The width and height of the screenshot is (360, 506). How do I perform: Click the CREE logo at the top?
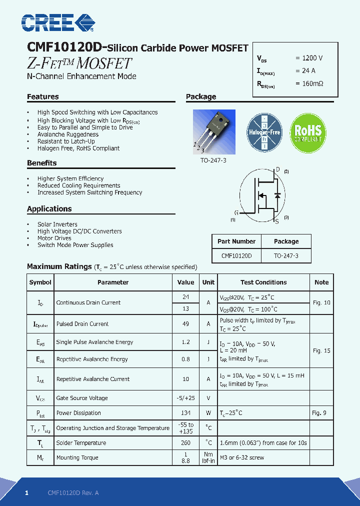57,22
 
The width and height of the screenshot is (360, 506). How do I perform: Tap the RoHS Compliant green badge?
308,133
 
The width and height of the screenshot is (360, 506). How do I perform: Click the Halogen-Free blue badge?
264,133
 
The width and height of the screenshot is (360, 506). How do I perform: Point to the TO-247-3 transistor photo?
214,132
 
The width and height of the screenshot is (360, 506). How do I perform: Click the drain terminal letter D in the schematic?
278,169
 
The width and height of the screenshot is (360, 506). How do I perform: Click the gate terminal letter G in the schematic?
236,212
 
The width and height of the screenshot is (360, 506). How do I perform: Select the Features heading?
43,96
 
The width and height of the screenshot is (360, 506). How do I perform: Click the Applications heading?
49,208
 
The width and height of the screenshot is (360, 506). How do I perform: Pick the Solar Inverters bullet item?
57,224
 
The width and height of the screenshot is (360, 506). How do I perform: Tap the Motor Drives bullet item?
54,238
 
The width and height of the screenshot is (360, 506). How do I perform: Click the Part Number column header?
236,241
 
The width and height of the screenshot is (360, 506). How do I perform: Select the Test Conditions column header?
263,282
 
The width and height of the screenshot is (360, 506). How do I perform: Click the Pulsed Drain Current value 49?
186,324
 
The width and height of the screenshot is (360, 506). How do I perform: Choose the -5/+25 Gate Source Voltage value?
186,398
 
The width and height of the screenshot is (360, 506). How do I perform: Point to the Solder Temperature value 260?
186,442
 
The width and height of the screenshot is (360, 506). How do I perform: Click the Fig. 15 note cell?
321,350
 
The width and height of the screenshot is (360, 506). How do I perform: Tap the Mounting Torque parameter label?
77,457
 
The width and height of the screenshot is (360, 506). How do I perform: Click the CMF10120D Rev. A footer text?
73,492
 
